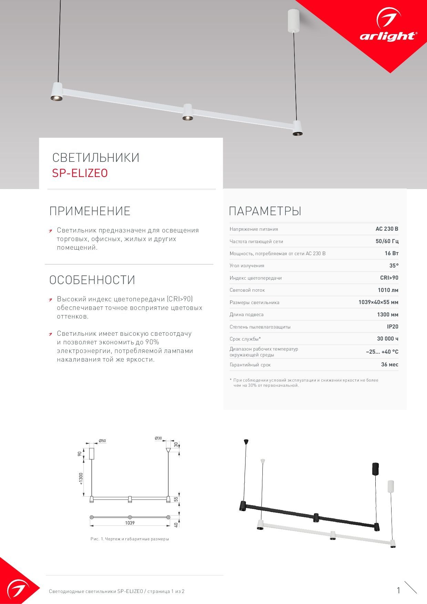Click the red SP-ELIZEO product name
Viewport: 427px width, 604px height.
80,173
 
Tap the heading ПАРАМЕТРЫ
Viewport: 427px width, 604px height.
265,211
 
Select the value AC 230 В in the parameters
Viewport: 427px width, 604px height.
387,229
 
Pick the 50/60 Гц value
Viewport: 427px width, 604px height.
387,241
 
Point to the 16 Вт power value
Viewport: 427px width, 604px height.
391,253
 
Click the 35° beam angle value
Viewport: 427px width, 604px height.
394,265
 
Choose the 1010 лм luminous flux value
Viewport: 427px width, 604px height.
388,290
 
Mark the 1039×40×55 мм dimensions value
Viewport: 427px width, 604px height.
378,302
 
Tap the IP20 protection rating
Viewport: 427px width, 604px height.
392,327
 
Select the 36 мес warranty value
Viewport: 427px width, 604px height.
389,364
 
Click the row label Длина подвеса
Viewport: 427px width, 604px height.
247,315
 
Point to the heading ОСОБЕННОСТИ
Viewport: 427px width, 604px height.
92,280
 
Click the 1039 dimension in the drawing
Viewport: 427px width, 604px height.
130,523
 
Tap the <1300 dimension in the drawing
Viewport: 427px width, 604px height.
81,478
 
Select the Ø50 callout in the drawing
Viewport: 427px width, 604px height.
102,441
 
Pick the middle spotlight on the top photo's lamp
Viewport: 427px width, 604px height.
188,113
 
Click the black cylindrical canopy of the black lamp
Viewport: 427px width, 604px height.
375,469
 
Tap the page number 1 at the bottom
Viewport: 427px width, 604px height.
398,591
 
